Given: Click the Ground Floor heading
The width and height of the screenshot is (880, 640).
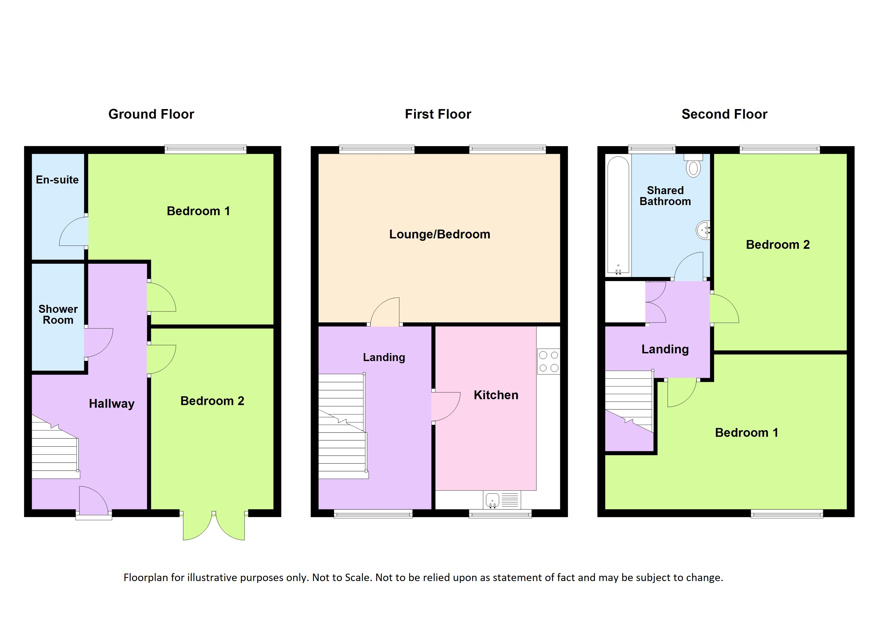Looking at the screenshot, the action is pyautogui.click(x=151, y=114).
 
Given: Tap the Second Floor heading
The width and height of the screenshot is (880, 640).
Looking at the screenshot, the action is pyautogui.click(x=725, y=114).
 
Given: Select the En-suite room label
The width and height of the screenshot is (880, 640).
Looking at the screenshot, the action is pyautogui.click(x=57, y=180).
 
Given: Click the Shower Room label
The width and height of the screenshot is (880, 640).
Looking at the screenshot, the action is pyautogui.click(x=58, y=314).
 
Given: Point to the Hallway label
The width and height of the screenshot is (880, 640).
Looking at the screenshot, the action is pyautogui.click(x=112, y=404).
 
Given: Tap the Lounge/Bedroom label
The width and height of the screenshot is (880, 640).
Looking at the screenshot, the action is pyautogui.click(x=440, y=234).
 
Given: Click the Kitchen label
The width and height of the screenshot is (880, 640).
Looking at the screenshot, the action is pyautogui.click(x=496, y=395).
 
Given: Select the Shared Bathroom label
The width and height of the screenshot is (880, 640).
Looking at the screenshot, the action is pyautogui.click(x=665, y=196).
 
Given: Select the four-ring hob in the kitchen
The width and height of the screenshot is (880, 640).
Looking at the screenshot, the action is pyautogui.click(x=549, y=361).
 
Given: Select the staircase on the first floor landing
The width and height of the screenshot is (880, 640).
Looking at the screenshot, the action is pyautogui.click(x=343, y=426).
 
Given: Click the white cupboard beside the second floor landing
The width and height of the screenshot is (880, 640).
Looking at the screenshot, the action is pyautogui.click(x=625, y=302).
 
